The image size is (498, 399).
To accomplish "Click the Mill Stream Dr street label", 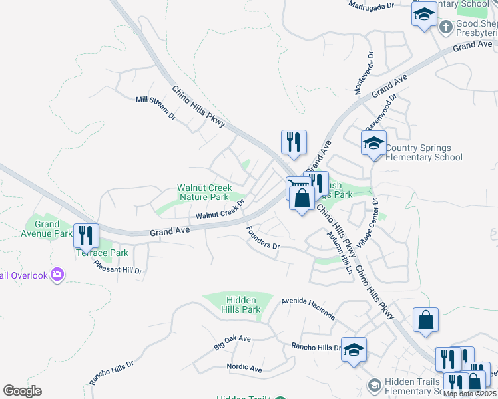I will [x=155, y=108].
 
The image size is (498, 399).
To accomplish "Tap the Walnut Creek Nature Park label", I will [x=203, y=193].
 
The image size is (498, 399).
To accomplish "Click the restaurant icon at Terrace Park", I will [x=87, y=235].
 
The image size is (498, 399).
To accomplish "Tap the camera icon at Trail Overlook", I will [x=57, y=274].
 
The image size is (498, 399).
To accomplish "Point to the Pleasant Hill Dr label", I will [x=119, y=266].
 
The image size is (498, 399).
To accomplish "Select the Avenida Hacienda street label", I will [x=308, y=307].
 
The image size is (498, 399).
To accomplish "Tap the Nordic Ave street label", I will [x=244, y=368].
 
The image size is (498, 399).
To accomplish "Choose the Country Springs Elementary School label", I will [x=424, y=152].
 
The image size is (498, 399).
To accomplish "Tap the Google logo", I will [x=22, y=391].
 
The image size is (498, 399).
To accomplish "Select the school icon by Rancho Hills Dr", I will [x=354, y=349].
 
